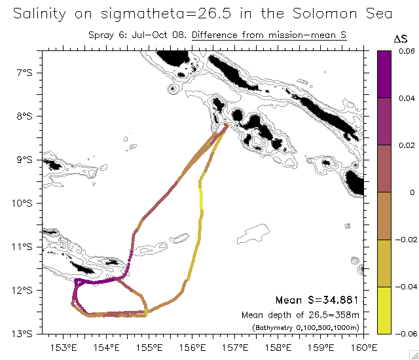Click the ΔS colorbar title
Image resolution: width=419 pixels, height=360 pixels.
point(401,40)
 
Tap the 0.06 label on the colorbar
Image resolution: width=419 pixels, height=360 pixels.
point(407,51)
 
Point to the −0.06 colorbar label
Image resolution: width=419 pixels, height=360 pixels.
point(407,334)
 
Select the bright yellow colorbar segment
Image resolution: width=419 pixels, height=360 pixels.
point(384,310)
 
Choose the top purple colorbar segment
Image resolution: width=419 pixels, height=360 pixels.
point(384,75)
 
